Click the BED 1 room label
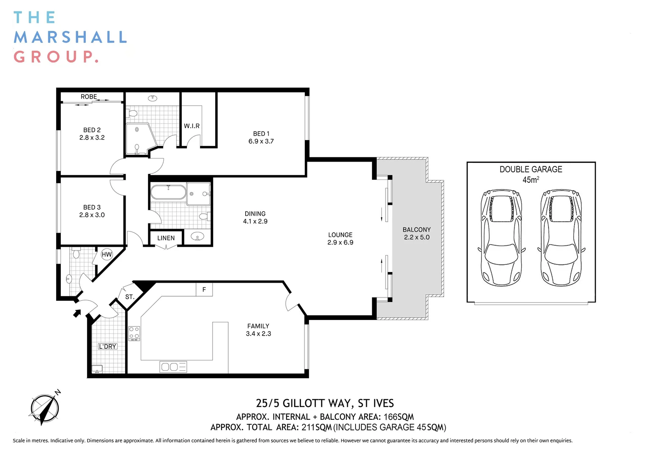261,134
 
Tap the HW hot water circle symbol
107,254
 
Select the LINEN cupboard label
166,238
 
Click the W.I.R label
192,126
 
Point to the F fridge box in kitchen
204,290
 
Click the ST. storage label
130,297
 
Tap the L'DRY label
107,347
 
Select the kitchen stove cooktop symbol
134,333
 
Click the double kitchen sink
173,367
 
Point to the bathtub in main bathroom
168,192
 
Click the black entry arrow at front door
77,313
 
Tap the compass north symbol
45,408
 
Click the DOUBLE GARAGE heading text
531,169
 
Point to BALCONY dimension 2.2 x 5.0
416,237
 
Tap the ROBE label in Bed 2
89,97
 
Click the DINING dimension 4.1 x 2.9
255,221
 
